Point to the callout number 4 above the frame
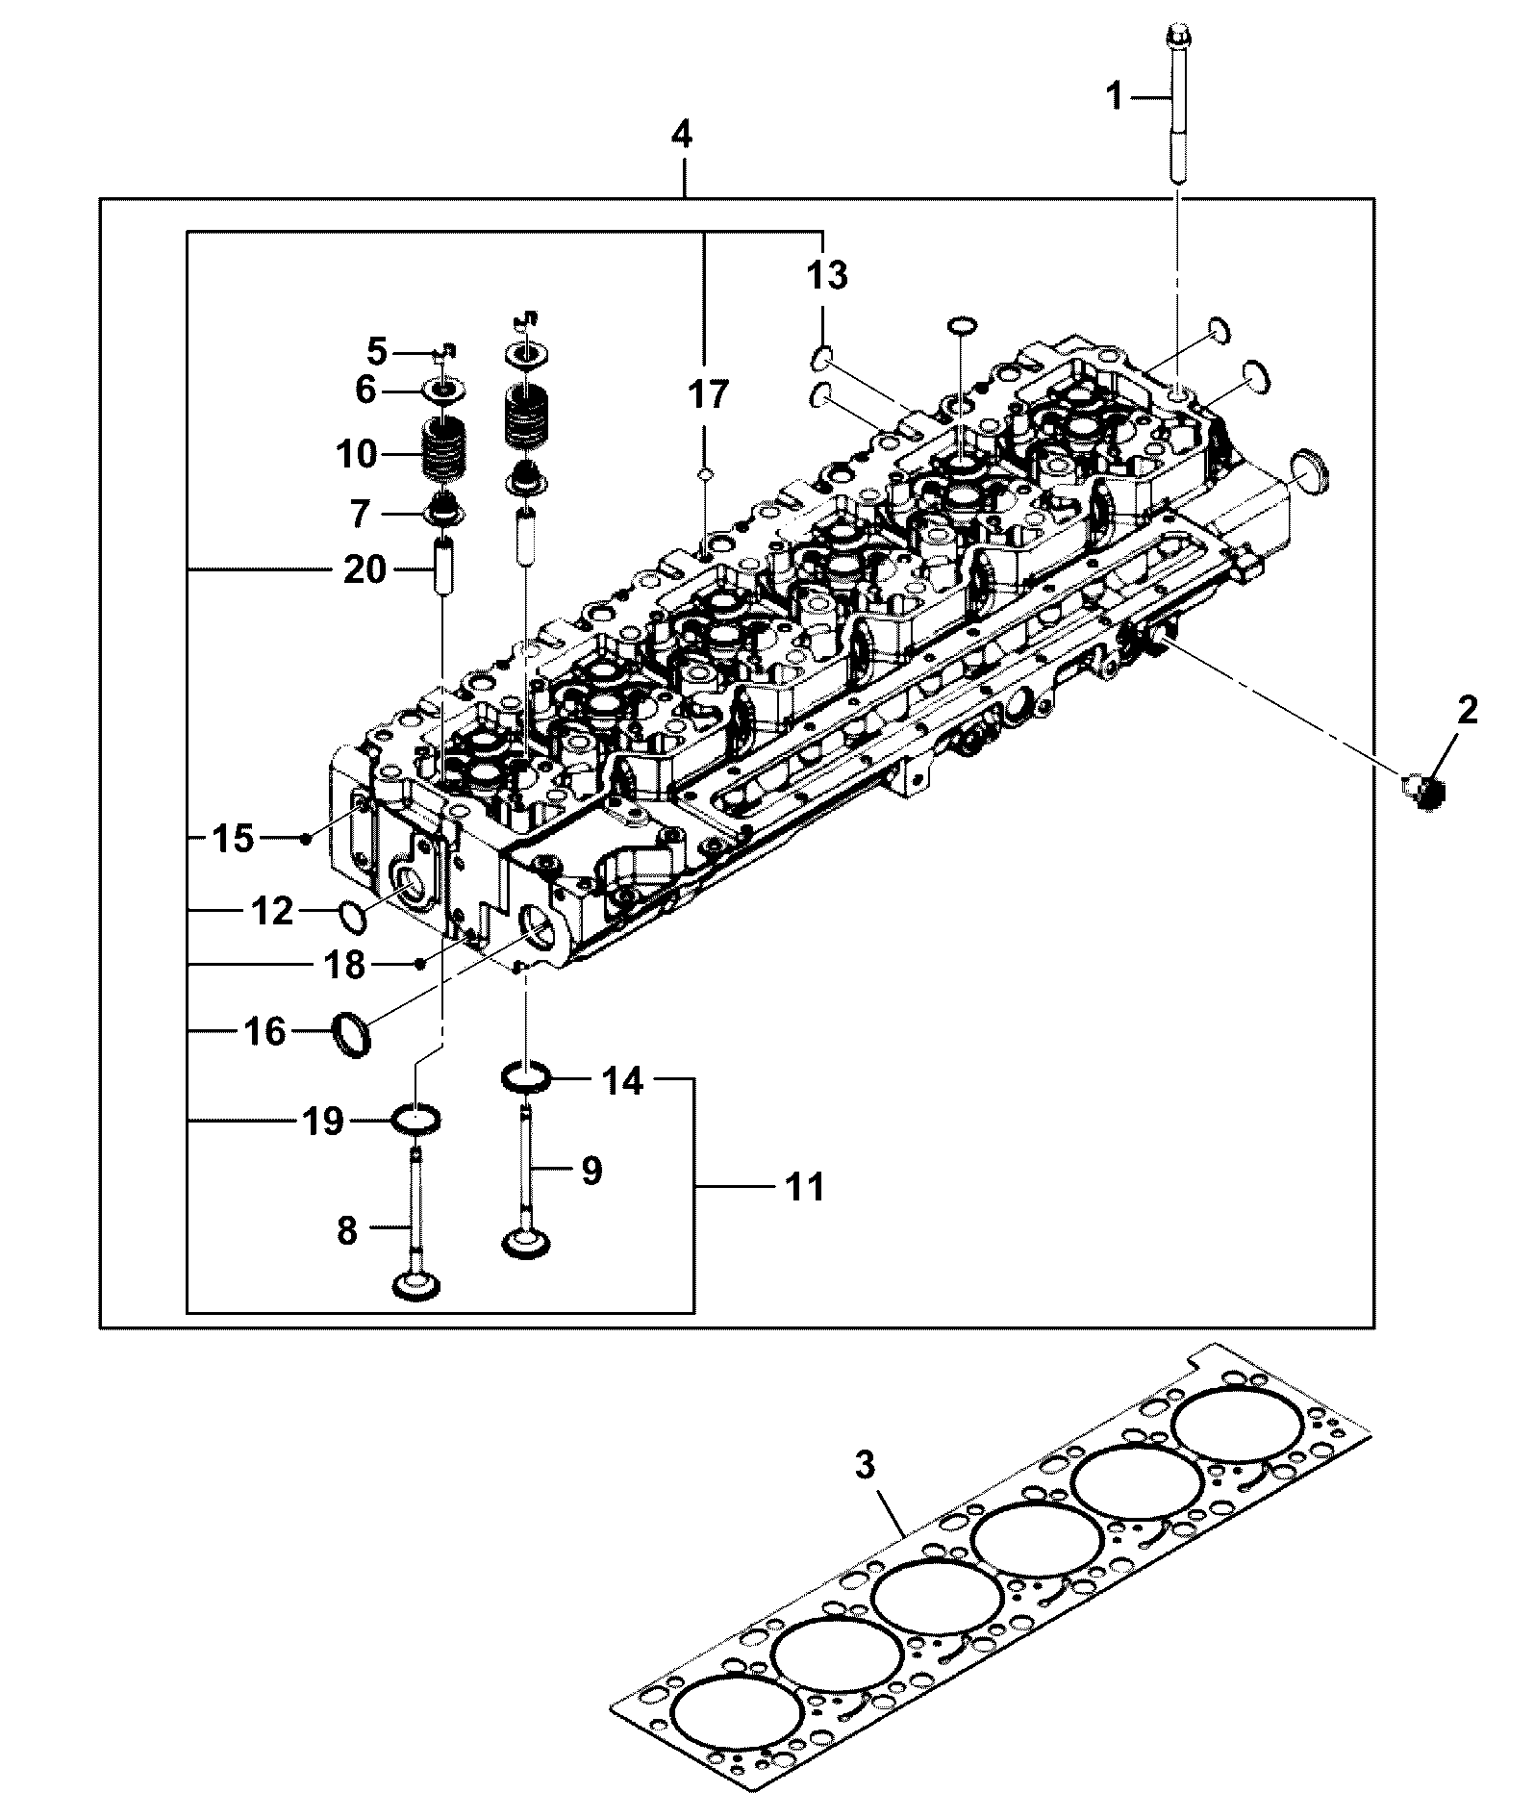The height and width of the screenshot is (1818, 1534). click(681, 134)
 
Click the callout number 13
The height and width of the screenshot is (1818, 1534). click(826, 275)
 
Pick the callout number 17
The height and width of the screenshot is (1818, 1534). click(708, 394)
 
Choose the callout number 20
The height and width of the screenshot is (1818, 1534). click(365, 569)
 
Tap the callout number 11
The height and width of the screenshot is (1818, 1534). click(804, 1187)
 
